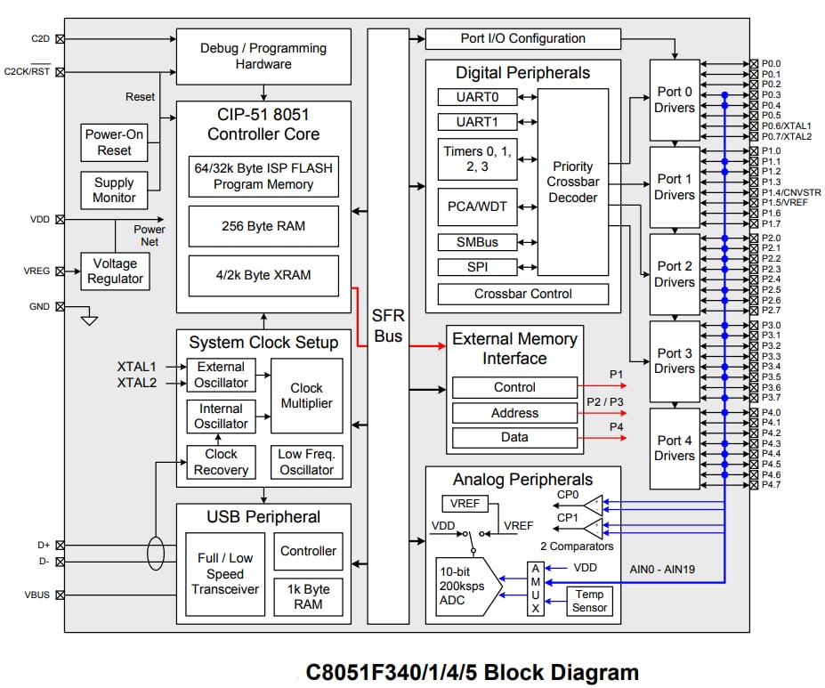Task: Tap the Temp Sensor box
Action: coord(589,601)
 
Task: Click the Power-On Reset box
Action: coord(115,142)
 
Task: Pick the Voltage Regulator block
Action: coord(115,271)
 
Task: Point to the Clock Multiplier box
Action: coord(307,395)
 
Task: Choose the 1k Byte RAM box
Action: coord(308,596)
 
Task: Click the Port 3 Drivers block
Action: coord(675,360)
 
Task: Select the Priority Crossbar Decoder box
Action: coord(573,182)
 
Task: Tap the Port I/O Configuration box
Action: coord(522,38)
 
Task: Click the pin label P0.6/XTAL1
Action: coord(786,125)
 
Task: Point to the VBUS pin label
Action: coord(38,595)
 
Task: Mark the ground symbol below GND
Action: coord(89,318)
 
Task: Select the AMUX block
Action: coord(535,588)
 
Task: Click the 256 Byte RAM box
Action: coord(263,226)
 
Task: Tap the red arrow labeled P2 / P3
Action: coord(603,412)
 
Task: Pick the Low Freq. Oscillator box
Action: coord(307,462)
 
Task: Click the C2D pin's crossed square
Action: coord(60,38)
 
